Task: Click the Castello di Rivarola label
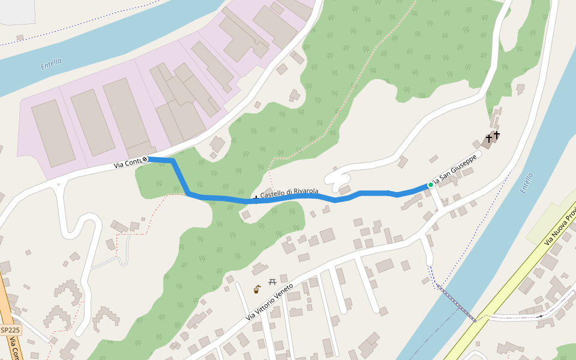[x=289, y=193]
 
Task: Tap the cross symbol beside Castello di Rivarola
[x=256, y=199]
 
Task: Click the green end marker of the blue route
[x=430, y=185]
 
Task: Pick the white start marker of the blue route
[x=145, y=159]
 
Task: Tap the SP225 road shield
[x=10, y=330]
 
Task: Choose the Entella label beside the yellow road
[x=527, y=182]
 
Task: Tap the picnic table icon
[x=272, y=281]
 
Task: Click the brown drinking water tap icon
[x=257, y=289]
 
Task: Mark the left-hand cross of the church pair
[x=488, y=139]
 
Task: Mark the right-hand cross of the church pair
[x=497, y=135]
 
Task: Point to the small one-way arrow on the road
[x=541, y=316]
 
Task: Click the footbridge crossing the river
[x=456, y=301]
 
